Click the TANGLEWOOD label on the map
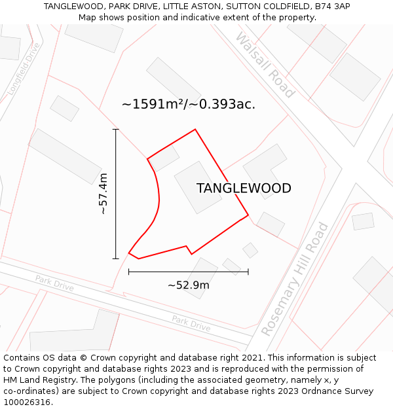click(x=244, y=188)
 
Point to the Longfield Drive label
click(x=24, y=69)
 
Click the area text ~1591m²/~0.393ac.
click(x=189, y=104)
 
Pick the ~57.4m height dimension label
click(x=103, y=194)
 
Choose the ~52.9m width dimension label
click(x=189, y=285)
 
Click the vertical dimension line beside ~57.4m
click(x=116, y=194)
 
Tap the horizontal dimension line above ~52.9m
click(x=189, y=271)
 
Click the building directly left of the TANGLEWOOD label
click(x=197, y=187)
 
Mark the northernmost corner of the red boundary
click(x=195, y=130)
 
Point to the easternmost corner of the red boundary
click(x=248, y=215)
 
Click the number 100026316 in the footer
click(x=27, y=402)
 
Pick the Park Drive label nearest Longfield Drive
click(x=54, y=284)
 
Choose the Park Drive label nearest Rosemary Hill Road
click(x=191, y=323)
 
